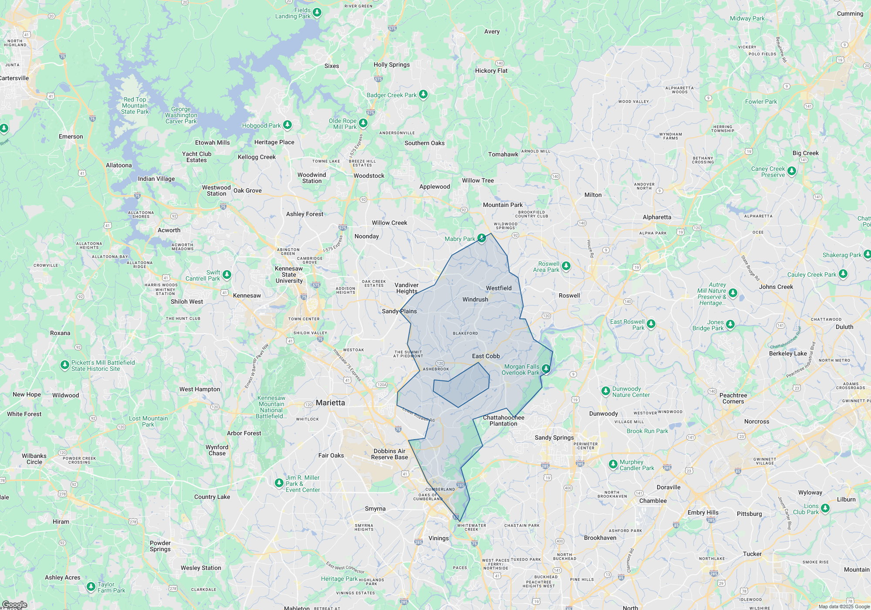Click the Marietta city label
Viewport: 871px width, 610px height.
pos(330,403)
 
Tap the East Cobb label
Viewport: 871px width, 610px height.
pos(486,356)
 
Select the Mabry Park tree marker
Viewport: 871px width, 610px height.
pos(481,238)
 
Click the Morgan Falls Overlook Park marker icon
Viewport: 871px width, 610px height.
pos(546,369)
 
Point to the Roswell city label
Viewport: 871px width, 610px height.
pos(569,296)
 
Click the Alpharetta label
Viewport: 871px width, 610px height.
pos(657,217)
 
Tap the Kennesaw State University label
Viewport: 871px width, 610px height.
pos(289,275)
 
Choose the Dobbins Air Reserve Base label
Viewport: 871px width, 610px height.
pos(389,454)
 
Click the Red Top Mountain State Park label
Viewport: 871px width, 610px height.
pos(135,106)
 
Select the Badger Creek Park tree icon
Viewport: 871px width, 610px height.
pos(423,95)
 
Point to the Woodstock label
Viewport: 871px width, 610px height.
pos(369,176)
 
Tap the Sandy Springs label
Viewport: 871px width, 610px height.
pos(554,438)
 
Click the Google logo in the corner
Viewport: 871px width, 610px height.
pos(14,605)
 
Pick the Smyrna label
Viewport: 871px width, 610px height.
pos(375,509)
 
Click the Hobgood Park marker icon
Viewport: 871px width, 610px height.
pos(287,125)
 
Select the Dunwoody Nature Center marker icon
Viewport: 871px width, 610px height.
pos(605,391)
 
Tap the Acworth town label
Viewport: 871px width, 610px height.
pos(169,230)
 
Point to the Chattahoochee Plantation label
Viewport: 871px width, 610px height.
pos(503,421)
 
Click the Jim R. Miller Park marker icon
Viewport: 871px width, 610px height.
pos(279,483)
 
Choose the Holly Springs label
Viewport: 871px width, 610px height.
pos(392,65)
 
